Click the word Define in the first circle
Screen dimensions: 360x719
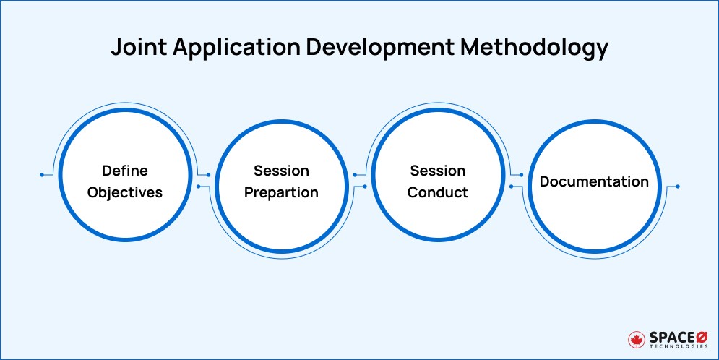(x=124, y=171)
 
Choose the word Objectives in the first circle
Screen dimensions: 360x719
(x=124, y=193)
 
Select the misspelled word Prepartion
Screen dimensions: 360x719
(x=281, y=193)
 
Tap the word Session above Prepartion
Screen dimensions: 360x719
(x=281, y=171)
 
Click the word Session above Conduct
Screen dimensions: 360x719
(x=438, y=171)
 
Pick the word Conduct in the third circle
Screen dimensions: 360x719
(x=438, y=193)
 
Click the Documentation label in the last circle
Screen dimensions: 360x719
(x=594, y=181)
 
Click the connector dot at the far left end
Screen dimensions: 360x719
(x=43, y=175)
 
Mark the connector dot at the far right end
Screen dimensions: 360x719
(x=677, y=187)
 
